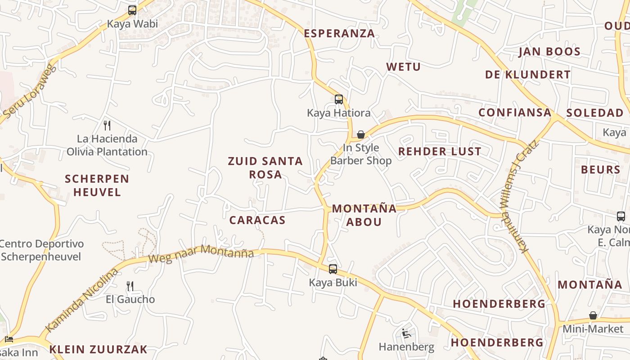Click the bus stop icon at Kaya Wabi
coord(132,10)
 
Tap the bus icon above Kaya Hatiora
coord(339,99)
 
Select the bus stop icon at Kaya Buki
coord(333,269)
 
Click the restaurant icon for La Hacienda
coord(107,125)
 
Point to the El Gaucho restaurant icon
coord(130,286)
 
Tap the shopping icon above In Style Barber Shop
coord(360,135)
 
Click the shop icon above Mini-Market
coord(593,315)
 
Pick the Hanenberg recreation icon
coord(406,333)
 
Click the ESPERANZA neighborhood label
coord(339,33)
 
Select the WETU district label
coord(403,67)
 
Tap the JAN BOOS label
coord(549,52)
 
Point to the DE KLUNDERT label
coord(528,75)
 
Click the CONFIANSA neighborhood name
coord(515,112)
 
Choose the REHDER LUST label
coord(440,152)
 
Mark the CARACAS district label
coord(257,220)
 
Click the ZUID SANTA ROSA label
coord(265,167)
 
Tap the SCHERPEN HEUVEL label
coord(97,185)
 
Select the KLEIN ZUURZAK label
coord(98,349)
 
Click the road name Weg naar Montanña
coord(201,254)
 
